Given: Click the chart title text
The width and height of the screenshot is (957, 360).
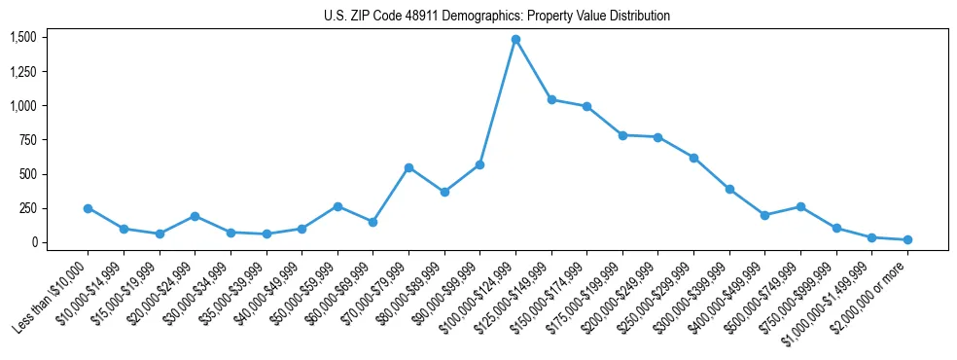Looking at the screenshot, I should [497, 16].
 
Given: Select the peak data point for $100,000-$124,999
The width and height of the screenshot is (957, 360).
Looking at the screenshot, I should [515, 40].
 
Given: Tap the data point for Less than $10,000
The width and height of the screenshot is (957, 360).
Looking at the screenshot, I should [88, 208].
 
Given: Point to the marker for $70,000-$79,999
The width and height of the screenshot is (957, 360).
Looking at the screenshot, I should [408, 167].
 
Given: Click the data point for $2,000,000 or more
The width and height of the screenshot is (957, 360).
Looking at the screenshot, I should [907, 239].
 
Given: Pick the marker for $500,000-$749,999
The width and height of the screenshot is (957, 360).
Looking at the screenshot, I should [800, 206].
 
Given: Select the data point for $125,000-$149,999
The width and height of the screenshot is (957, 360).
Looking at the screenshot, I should [551, 99].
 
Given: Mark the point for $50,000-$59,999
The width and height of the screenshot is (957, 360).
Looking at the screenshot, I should [337, 206].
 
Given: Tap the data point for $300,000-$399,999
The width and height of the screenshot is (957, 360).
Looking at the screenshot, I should [729, 189].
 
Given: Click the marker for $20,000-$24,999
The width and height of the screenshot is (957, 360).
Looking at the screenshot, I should [195, 216].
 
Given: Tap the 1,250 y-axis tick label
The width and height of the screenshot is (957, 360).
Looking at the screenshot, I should [22, 72].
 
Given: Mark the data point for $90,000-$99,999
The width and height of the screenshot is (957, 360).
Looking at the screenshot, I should [479, 164].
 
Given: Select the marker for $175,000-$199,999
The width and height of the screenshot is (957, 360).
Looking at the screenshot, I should [622, 135].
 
